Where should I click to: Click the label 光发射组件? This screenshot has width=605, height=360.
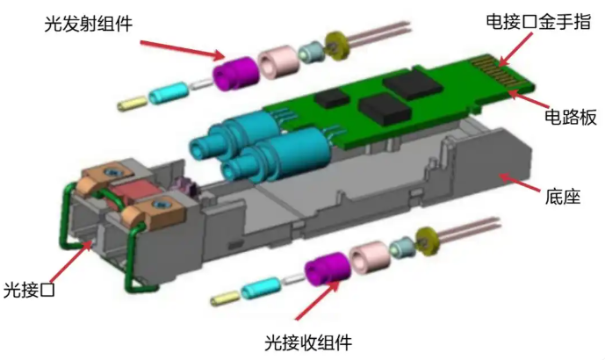pos(89,24)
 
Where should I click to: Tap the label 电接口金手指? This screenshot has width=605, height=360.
pos(538,22)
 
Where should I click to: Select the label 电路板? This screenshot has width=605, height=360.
pos(571,117)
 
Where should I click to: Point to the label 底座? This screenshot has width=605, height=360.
pos(563,197)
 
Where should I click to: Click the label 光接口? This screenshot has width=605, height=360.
pos(29,290)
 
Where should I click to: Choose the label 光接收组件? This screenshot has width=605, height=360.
pos(308,342)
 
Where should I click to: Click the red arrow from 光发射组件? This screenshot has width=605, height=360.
pos(182,50)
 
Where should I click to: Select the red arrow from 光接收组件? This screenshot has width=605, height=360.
pos(317,300)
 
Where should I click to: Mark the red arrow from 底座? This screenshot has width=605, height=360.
pos(519,183)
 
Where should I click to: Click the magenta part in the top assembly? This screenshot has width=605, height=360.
pos(235,73)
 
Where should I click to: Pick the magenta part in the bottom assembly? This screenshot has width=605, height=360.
pos(328,270)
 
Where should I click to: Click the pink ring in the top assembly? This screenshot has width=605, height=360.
pos(278,61)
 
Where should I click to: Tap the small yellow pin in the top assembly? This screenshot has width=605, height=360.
pos(133,104)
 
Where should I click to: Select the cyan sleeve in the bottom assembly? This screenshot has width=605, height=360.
pos(261,288)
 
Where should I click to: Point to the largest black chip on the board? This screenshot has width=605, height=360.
pos(412,83)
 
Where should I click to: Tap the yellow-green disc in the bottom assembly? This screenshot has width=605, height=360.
pos(428,241)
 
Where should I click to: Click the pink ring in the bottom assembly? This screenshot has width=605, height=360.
pos(370,257)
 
